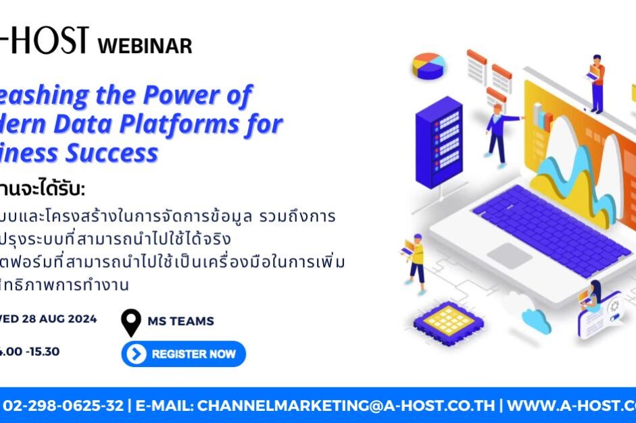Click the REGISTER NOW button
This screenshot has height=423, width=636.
click(x=183, y=354)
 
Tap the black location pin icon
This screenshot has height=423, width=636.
click(x=130, y=322)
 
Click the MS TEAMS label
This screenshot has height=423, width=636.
click(x=180, y=321)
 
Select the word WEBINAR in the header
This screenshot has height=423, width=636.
click(x=145, y=46)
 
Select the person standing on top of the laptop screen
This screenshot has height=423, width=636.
click(x=597, y=82)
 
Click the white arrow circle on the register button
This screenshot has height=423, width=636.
click(x=137, y=354)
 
